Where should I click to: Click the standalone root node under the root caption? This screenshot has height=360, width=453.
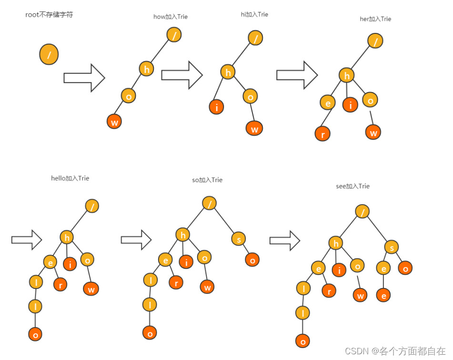pyautogui.click(x=49, y=54)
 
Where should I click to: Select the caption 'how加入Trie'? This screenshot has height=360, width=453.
pyautogui.click(x=170, y=17)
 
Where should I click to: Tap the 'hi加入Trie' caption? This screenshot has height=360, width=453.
pyautogui.click(x=254, y=14)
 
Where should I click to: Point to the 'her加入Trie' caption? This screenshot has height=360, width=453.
pyautogui.click(x=375, y=19)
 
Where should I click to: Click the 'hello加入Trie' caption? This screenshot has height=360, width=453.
pyautogui.click(x=70, y=178)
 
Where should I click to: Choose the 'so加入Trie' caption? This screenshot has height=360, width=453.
pyautogui.click(x=207, y=180)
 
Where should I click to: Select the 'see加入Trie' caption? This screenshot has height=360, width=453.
pyautogui.click(x=352, y=186)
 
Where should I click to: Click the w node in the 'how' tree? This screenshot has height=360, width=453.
pyautogui.click(x=114, y=122)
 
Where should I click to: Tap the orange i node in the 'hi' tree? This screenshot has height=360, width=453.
pyautogui.click(x=216, y=107)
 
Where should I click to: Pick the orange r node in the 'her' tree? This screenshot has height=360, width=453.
pyautogui.click(x=322, y=134)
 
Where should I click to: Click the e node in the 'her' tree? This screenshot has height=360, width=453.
pyautogui.click(x=327, y=102)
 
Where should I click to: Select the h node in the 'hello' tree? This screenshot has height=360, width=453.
pyautogui.click(x=67, y=237)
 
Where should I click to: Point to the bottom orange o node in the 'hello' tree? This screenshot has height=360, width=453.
pyautogui.click(x=35, y=334)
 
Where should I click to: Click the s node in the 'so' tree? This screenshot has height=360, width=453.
pyautogui.click(x=239, y=239)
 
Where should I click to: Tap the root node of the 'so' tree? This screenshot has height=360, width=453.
pyautogui.click(x=209, y=203)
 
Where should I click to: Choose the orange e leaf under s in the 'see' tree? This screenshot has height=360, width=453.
pyautogui.click(x=383, y=295)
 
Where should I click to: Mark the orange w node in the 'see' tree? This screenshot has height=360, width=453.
pyautogui.click(x=361, y=295)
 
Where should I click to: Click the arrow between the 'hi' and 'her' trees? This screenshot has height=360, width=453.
pyautogui.click(x=297, y=74)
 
